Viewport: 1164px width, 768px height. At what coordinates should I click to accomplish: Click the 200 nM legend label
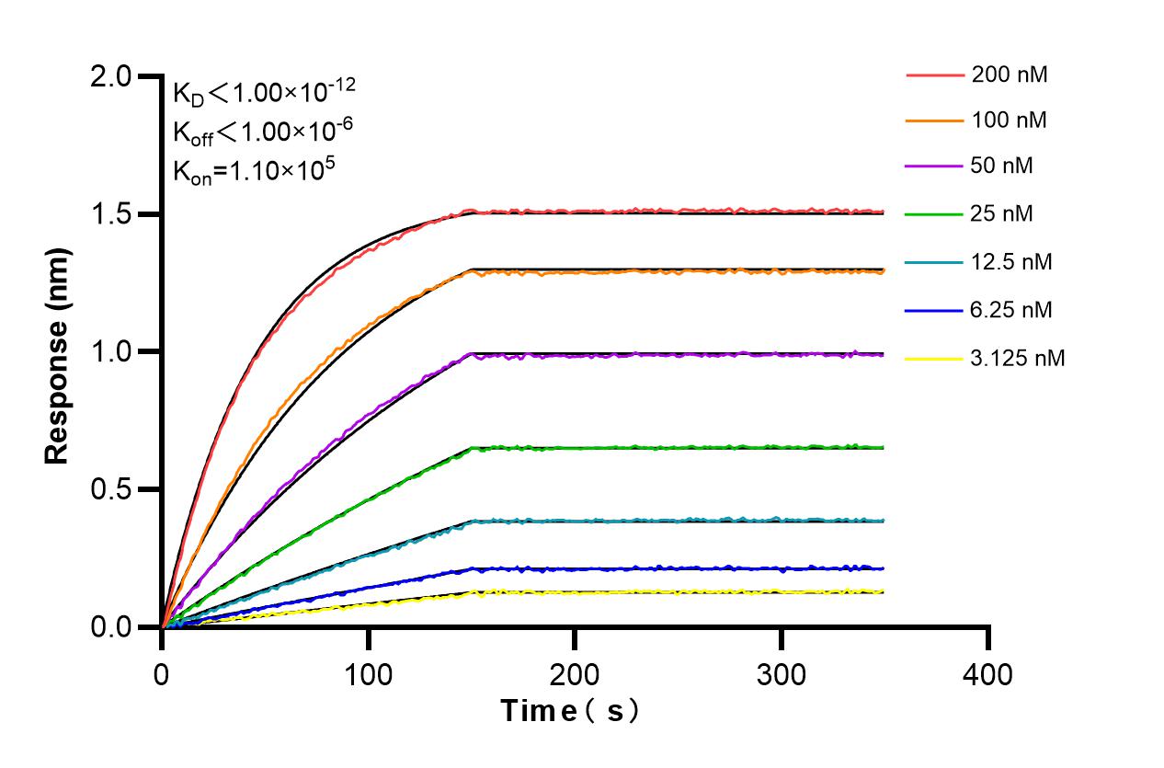point(1009,75)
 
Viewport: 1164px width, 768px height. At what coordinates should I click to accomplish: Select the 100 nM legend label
point(1009,120)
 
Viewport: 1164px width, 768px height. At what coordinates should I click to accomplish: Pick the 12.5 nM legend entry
point(1011,262)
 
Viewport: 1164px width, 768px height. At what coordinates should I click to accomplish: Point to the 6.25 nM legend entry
point(1011,310)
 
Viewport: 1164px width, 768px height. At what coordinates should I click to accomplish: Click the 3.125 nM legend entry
point(1018,358)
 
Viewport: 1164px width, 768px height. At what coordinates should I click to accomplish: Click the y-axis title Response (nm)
point(58,352)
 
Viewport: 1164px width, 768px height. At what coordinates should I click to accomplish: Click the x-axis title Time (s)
point(569,711)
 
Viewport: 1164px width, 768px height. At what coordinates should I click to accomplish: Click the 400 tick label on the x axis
point(988,674)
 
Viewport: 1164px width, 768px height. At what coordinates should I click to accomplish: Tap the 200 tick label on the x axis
point(575,674)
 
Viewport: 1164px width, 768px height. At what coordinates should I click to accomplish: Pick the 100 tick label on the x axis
point(368,674)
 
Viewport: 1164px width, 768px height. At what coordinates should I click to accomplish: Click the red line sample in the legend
point(933,75)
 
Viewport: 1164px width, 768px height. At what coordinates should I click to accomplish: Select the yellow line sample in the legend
point(933,358)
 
